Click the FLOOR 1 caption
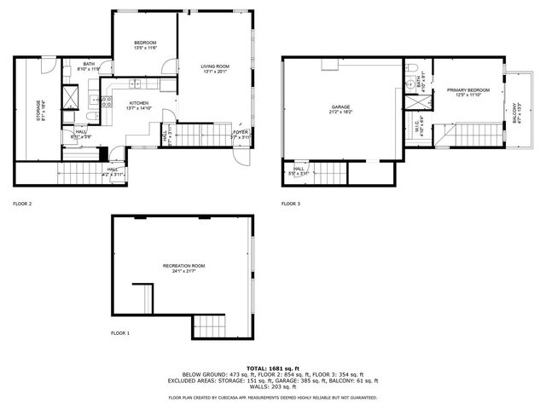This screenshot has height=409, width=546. click(x=120, y=332)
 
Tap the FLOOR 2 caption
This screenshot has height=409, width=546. click(x=22, y=204)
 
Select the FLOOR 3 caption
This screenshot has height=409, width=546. click(x=291, y=204)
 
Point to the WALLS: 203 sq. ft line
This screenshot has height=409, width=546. click(x=272, y=388)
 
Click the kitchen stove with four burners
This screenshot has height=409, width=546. click(x=107, y=101)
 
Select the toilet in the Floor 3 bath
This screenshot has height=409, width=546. click(x=410, y=68)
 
